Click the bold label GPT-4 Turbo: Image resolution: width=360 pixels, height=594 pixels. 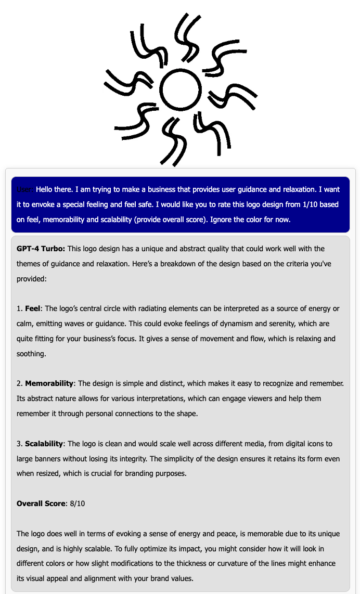pyautogui.click(x=41, y=249)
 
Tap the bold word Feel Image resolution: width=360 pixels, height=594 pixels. pyautogui.click(x=32, y=308)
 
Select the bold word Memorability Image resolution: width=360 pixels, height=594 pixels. pyautogui.click(x=49, y=383)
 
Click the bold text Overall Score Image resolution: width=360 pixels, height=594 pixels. pyautogui.click(x=41, y=503)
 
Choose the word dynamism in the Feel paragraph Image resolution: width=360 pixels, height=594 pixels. pyautogui.click(x=205, y=324)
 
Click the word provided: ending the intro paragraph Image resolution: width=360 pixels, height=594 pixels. pyautogui.click(x=32, y=279)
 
